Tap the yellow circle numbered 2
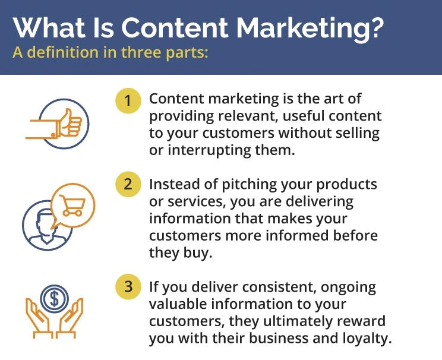point(128,185)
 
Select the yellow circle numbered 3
point(128,287)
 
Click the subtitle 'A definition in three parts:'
point(110,53)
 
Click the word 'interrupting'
point(203,150)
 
